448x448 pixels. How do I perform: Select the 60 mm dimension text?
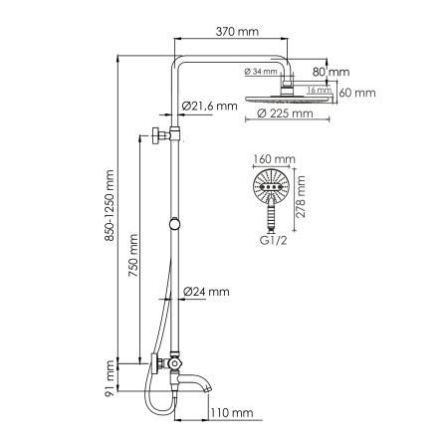pos(359,94)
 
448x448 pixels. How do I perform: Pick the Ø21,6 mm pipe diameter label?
pos(210,106)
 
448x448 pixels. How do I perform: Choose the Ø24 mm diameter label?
pos(207,292)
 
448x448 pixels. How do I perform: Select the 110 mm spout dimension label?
pos(231,411)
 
